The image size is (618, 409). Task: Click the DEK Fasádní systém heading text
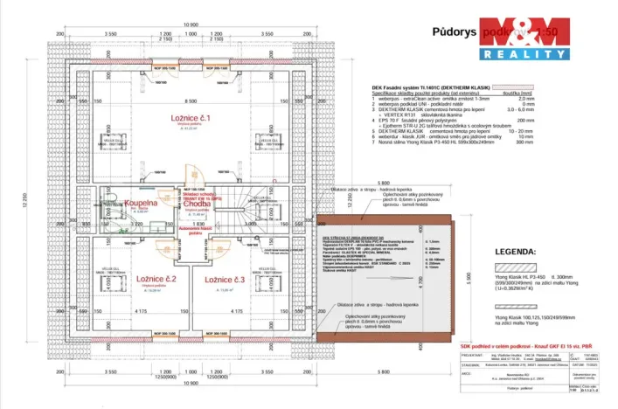pos(421,90)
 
